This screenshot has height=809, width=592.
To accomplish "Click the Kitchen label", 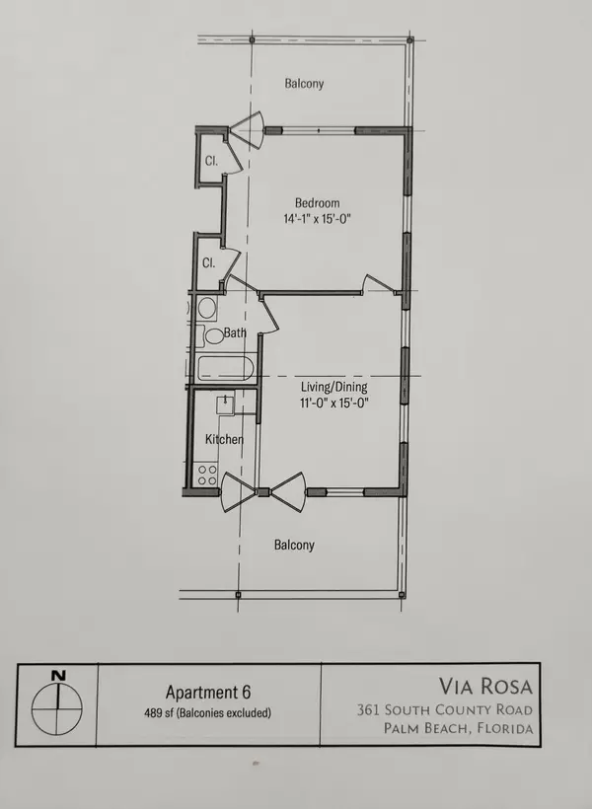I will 224,439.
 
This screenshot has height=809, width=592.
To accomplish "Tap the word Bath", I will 235,333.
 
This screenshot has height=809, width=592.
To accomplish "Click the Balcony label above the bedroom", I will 304,84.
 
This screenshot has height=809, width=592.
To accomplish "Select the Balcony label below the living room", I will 295,545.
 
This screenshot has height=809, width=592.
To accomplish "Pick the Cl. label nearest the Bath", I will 209,263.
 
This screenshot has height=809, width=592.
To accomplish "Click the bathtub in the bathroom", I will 225,369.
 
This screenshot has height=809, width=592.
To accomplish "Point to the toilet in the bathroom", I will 214,335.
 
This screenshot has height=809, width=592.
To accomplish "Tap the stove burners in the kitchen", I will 207,475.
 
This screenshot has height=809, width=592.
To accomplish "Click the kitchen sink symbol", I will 226,404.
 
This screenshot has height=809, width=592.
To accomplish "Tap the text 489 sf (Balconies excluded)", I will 207,713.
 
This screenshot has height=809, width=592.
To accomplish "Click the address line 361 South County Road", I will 445,709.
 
